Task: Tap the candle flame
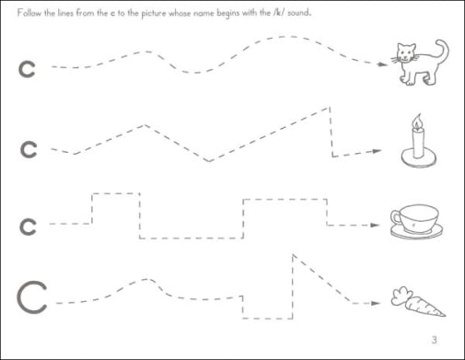pyautogui.click(x=417, y=121)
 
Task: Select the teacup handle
pyautogui.click(x=396, y=217)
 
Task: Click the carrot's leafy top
pyautogui.click(x=401, y=296)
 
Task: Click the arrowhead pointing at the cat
pyautogui.click(x=382, y=64)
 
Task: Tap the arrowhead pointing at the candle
pyautogui.click(x=377, y=151)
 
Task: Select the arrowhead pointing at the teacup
pyautogui.click(x=375, y=225)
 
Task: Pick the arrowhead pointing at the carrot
pyautogui.click(x=376, y=303)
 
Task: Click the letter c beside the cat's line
pyautogui.click(x=27, y=70)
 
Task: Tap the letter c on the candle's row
pyautogui.click(x=29, y=150)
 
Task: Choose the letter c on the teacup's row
pyautogui.click(x=28, y=227)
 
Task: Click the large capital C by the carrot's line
pyautogui.click(x=32, y=297)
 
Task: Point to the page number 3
pyautogui.click(x=434, y=340)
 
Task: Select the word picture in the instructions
pyautogui.click(x=154, y=14)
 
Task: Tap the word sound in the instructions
pyautogui.click(x=299, y=13)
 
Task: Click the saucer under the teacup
pyautogui.click(x=416, y=231)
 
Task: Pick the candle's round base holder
pyautogui.click(x=418, y=158)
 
